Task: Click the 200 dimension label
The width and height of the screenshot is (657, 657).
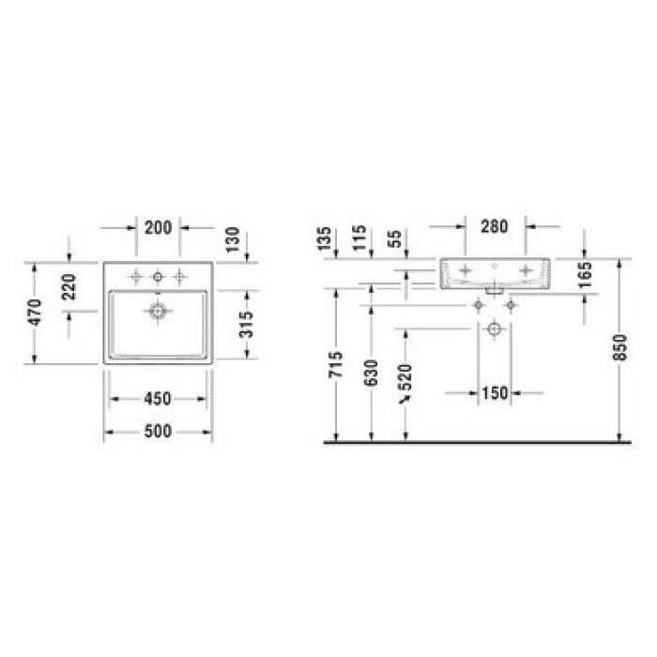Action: click(x=158, y=228)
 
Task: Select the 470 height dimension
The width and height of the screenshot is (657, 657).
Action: click(x=35, y=313)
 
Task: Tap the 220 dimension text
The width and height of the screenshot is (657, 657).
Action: click(x=69, y=287)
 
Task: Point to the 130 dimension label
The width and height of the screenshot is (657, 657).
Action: click(x=233, y=239)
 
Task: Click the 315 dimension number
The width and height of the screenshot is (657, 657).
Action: click(x=246, y=325)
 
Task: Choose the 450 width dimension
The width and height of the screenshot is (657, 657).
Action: click(x=158, y=399)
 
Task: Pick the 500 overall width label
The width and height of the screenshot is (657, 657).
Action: click(x=158, y=431)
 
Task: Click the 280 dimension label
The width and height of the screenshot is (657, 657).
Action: click(x=495, y=226)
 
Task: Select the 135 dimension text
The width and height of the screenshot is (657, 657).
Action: click(x=324, y=238)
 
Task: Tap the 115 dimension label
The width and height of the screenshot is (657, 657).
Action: click(x=359, y=238)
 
